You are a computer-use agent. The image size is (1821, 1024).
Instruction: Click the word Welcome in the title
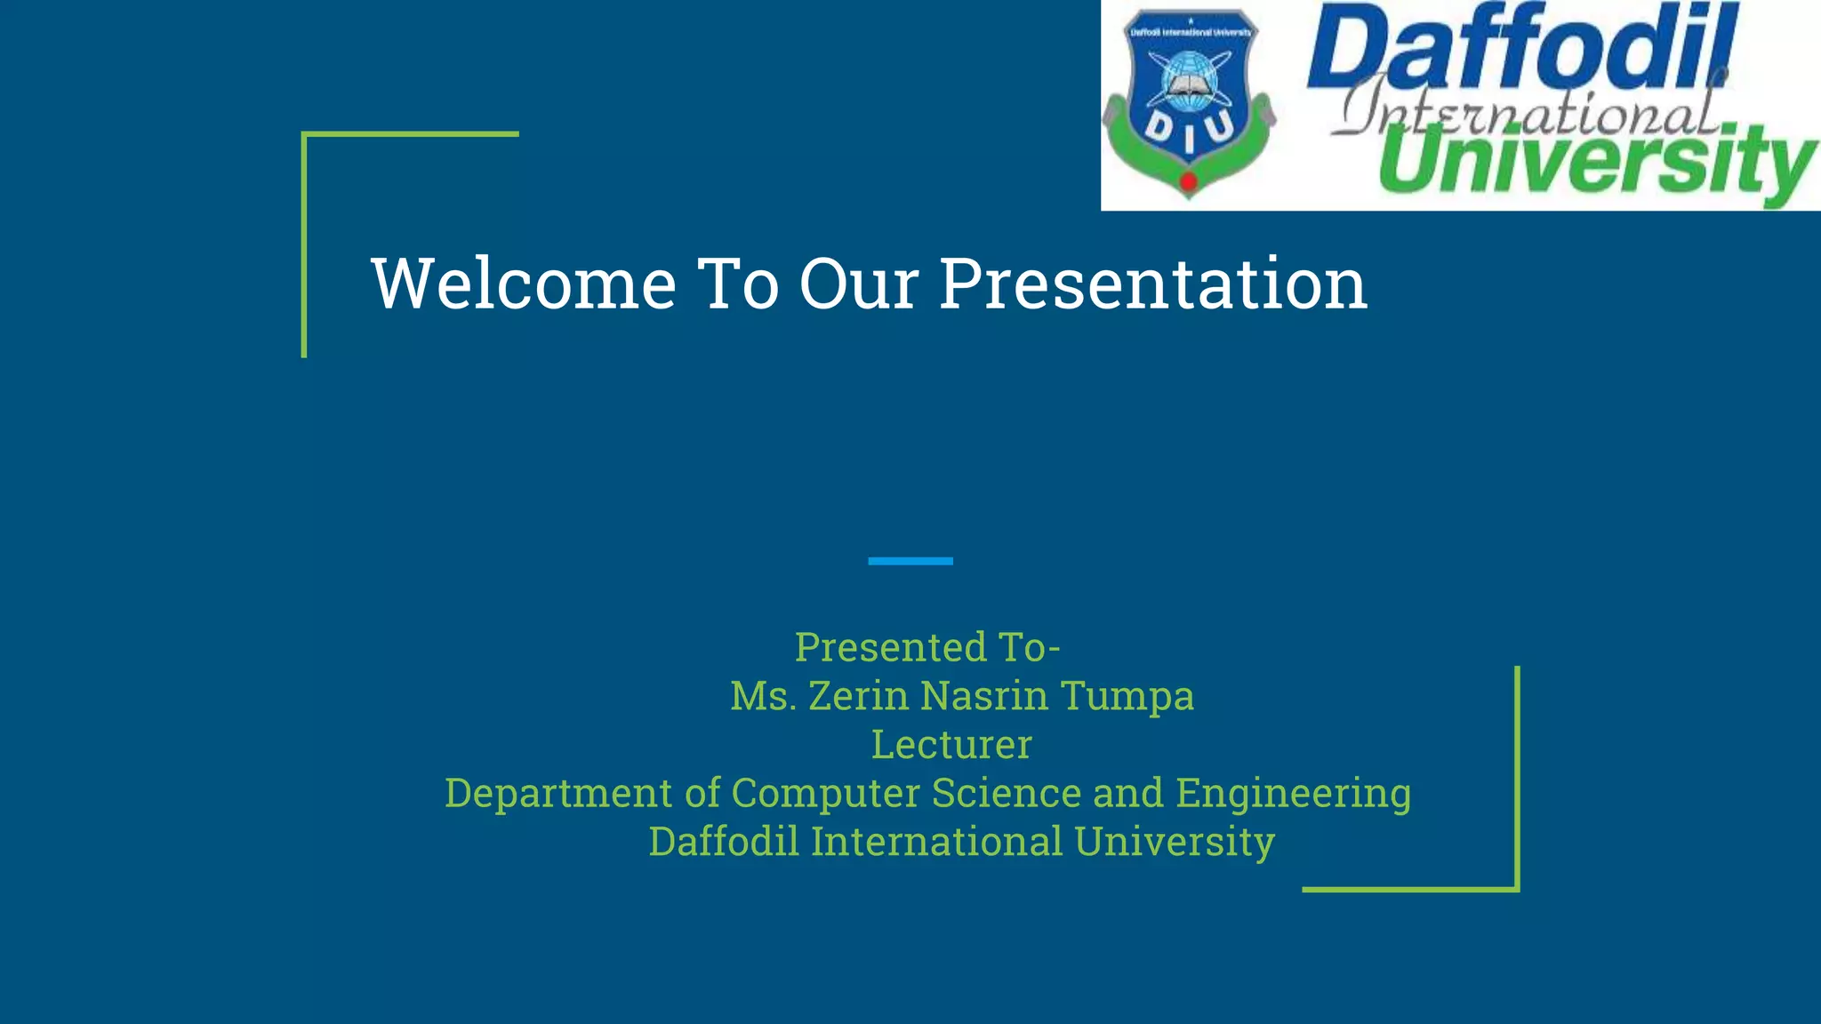[x=524, y=284]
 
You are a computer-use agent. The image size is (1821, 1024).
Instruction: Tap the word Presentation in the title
[x=1153, y=284]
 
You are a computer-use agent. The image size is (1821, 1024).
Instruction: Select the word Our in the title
[x=859, y=284]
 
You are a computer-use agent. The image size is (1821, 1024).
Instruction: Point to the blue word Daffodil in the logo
[x=1520, y=49]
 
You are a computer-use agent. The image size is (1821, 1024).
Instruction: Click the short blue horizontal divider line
[x=910, y=561]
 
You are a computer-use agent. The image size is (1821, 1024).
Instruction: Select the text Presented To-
[x=927, y=647]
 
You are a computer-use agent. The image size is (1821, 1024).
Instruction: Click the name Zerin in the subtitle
[x=859, y=696]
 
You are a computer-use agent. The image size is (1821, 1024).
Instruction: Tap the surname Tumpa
[x=1127, y=696]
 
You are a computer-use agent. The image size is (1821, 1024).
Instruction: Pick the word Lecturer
[x=951, y=745]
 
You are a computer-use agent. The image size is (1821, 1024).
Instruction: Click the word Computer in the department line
[x=825, y=793]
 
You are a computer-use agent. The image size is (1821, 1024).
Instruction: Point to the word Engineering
[x=1293, y=793]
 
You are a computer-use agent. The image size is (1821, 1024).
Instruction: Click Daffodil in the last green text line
[x=724, y=842]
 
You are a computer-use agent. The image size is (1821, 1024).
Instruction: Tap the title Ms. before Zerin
[x=763, y=696]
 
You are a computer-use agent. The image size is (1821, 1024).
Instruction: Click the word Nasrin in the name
[x=984, y=696]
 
